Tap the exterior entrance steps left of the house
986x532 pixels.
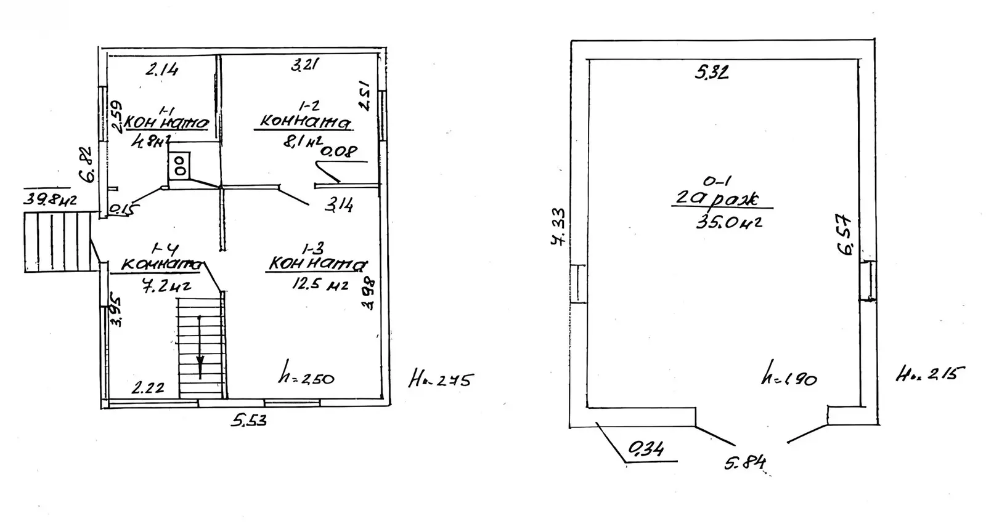coord(58,241)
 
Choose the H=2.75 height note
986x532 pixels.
coord(440,380)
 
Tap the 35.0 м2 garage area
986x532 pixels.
coord(728,222)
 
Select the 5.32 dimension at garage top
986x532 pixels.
coord(712,73)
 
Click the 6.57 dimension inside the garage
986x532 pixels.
coord(845,234)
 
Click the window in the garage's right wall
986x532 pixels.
coord(868,280)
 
